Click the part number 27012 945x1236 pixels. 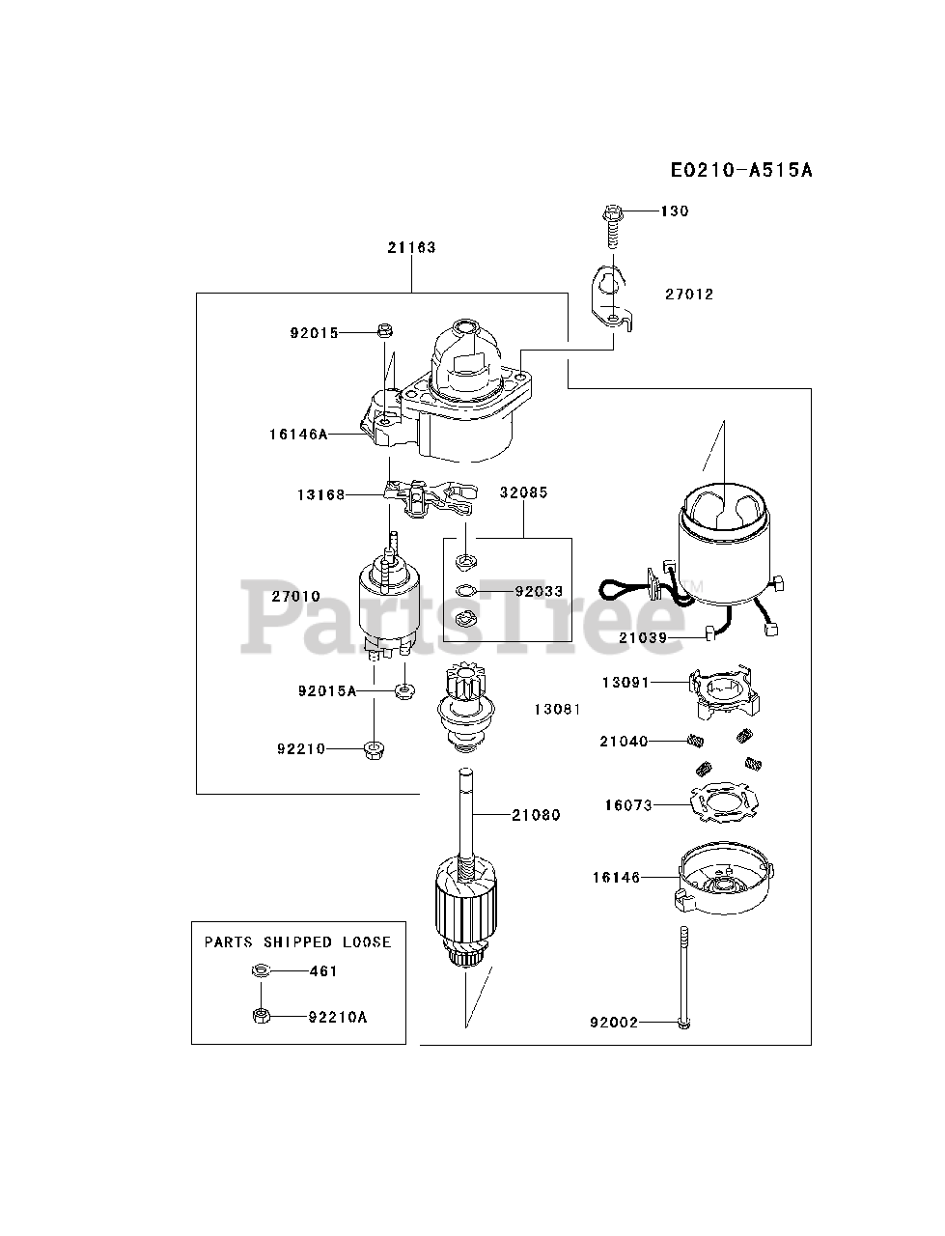point(688,295)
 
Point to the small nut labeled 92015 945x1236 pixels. point(383,331)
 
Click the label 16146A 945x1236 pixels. point(297,435)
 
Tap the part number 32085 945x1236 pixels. point(523,492)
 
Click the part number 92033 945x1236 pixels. point(539,591)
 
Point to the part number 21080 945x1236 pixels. point(536,815)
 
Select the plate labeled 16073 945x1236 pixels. point(721,803)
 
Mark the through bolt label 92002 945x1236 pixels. point(614,1022)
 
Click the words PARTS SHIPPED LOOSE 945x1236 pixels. point(297,941)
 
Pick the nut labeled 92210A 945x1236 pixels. point(260,1016)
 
